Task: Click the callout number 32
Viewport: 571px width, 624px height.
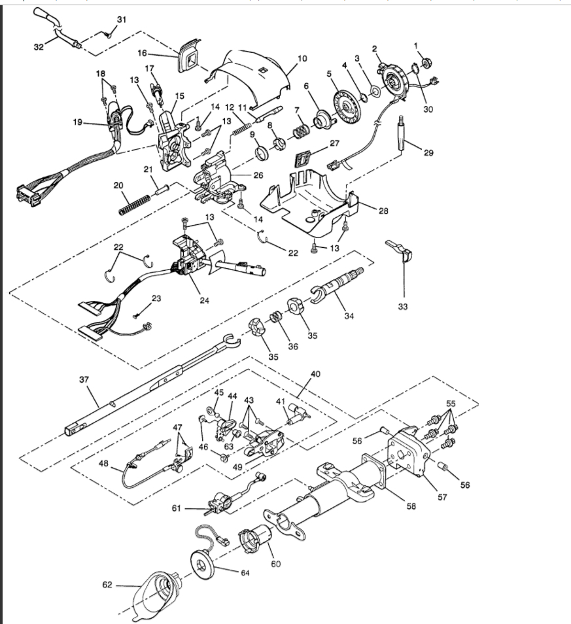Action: (x=39, y=46)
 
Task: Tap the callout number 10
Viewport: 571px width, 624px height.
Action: (x=302, y=59)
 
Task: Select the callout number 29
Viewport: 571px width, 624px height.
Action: (x=428, y=153)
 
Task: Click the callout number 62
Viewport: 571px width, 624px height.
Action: (x=107, y=584)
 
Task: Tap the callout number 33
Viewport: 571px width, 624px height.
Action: (x=402, y=306)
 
